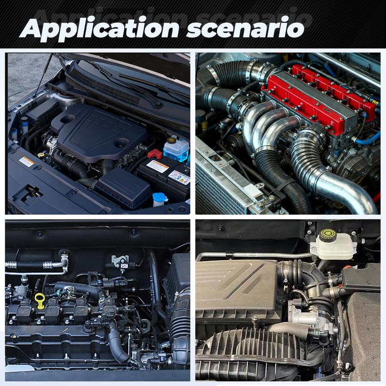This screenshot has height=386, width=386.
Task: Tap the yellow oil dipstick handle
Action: [40, 301]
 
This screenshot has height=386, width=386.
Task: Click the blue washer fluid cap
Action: [160, 197]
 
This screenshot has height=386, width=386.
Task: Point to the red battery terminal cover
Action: [155, 153]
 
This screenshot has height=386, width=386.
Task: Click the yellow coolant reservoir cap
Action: [170, 140]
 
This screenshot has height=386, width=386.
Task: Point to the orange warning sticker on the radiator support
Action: [27, 162]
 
